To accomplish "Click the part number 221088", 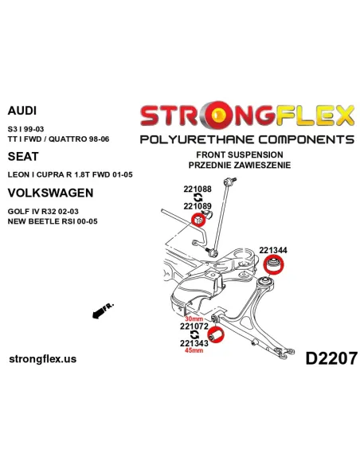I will tap(198, 189).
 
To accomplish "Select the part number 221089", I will tap(198, 205).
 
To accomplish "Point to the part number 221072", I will tap(194, 326).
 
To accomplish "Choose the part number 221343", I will tap(194, 343).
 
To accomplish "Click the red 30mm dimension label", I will tap(194, 318).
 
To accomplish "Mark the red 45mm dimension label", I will tap(194, 351).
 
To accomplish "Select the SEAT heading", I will tap(22, 158).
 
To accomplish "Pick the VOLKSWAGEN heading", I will tap(49, 192).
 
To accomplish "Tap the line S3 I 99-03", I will tap(26, 127).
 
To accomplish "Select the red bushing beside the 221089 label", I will tap(200, 220).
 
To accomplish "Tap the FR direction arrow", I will tap(102, 310).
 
